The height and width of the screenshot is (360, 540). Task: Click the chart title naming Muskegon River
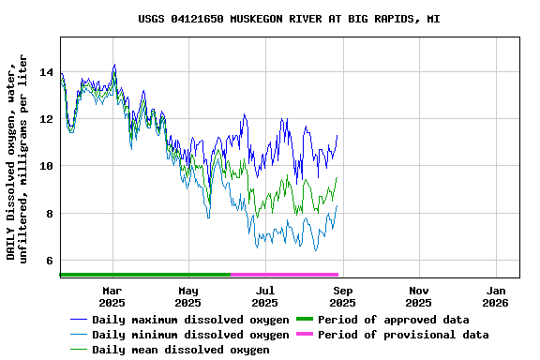289,19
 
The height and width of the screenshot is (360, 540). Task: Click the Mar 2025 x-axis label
112,296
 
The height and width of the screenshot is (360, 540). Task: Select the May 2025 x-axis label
188,296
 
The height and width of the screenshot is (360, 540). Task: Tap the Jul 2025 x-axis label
265,296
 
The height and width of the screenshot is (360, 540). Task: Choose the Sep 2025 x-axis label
342,296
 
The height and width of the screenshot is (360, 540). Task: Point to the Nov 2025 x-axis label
419,296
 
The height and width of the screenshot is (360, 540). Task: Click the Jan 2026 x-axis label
496,296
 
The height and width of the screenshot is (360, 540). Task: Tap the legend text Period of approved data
394,320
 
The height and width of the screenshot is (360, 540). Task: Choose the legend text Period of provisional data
403,335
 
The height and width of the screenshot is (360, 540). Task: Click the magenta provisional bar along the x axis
284,275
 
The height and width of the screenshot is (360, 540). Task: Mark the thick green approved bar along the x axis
145,275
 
